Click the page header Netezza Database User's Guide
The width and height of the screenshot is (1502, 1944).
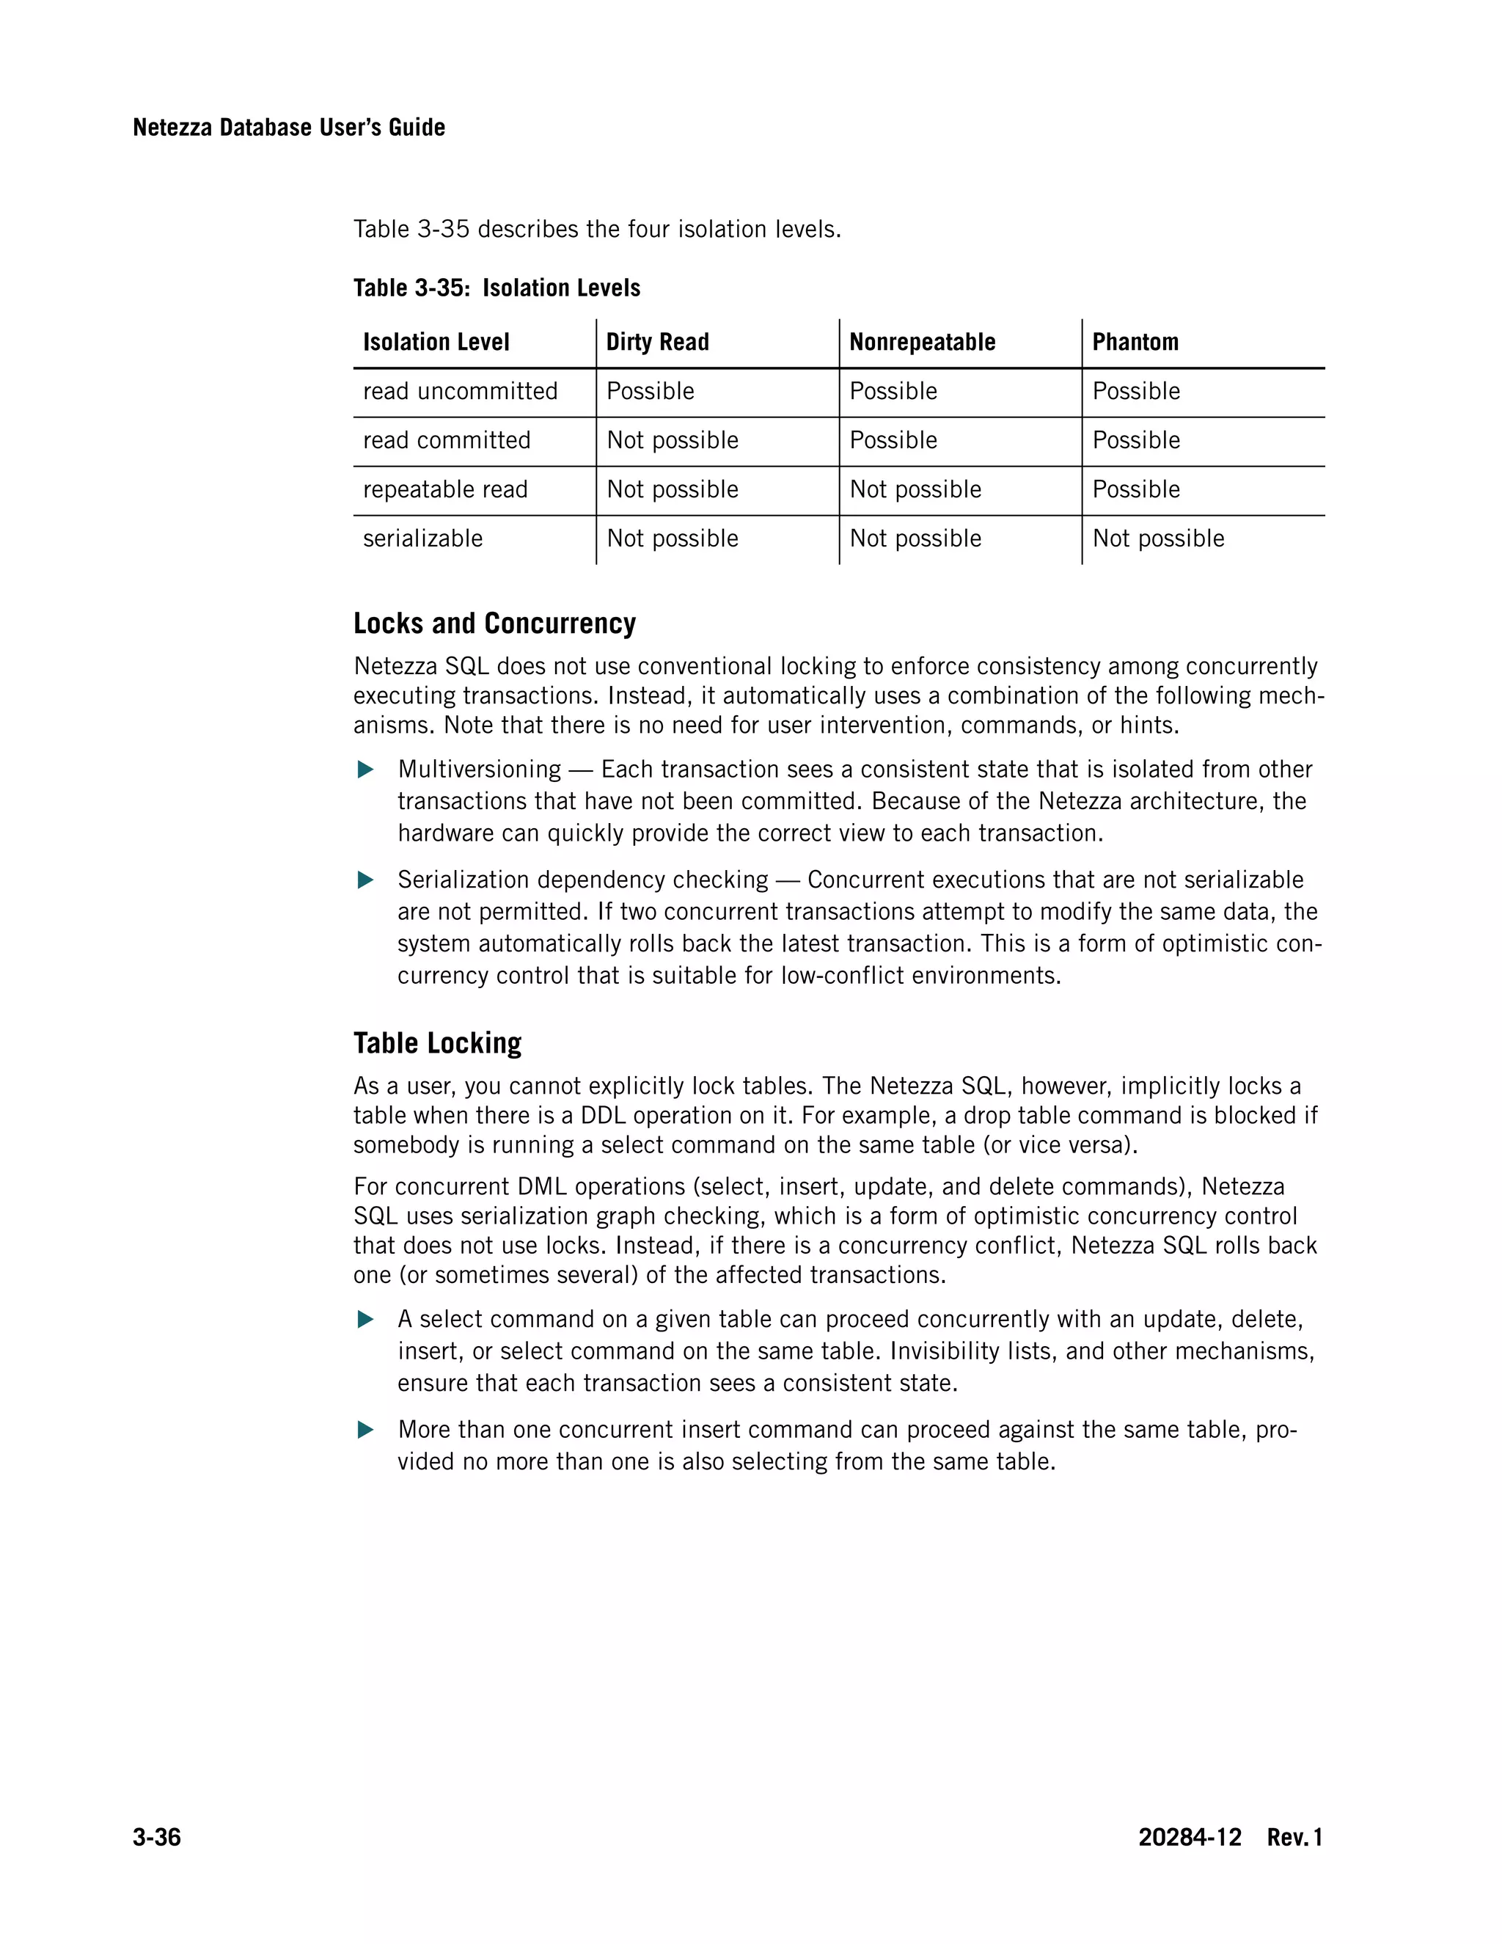(288, 128)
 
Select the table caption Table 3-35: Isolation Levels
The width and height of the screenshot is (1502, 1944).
(497, 288)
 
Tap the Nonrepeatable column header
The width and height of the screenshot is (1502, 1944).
(922, 342)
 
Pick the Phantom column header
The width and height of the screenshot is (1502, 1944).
(1135, 342)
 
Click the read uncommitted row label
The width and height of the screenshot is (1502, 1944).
(460, 392)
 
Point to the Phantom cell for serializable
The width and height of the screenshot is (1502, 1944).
(1157, 538)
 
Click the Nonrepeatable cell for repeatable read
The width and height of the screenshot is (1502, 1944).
(915, 489)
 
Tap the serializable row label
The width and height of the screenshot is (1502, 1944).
(422, 538)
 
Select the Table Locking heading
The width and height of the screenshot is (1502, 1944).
(437, 1042)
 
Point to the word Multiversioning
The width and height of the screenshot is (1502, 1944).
(479, 769)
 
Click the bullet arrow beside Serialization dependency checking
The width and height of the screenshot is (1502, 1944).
(364, 880)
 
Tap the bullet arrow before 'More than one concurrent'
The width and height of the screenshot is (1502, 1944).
(364, 1430)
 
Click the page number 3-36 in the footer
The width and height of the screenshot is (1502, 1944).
(157, 1837)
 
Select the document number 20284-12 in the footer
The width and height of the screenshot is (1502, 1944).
(1189, 1837)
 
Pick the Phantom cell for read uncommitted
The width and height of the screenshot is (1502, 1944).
(1135, 392)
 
